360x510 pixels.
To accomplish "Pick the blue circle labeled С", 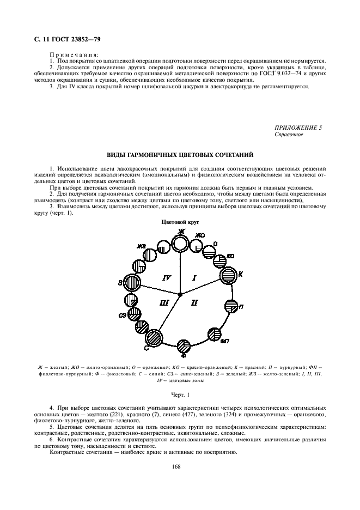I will coord(154,338).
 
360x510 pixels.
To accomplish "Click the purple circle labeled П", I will coord(231,306).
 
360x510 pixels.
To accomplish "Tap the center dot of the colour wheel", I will coord(180,294).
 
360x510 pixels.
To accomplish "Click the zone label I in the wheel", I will coord(193,278).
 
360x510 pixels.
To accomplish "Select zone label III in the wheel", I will coord(165,301).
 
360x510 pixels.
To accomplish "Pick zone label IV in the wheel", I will coord(167,278).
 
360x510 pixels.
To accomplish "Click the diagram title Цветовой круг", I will coord(179,223).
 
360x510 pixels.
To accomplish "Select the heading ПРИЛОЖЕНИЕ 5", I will coord(298,127).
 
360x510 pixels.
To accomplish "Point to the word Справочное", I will coord(289,134).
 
